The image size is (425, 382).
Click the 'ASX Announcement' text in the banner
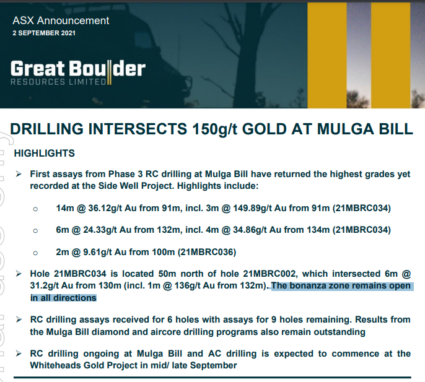click(x=61, y=20)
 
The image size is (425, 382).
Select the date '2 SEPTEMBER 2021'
click(x=44, y=33)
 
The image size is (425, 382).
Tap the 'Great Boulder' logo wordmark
click(x=78, y=69)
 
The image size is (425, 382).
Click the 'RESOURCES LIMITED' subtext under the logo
click(x=58, y=82)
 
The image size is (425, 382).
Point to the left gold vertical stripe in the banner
click(x=327, y=55)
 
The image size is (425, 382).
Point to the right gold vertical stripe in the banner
click(x=390, y=55)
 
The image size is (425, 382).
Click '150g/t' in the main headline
click(x=214, y=129)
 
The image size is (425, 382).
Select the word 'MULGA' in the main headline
click(x=344, y=129)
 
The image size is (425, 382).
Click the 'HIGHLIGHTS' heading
click(x=45, y=154)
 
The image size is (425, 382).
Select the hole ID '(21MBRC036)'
click(x=207, y=252)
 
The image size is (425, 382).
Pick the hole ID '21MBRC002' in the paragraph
click(x=269, y=274)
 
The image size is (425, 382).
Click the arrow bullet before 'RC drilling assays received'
click(x=19, y=319)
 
